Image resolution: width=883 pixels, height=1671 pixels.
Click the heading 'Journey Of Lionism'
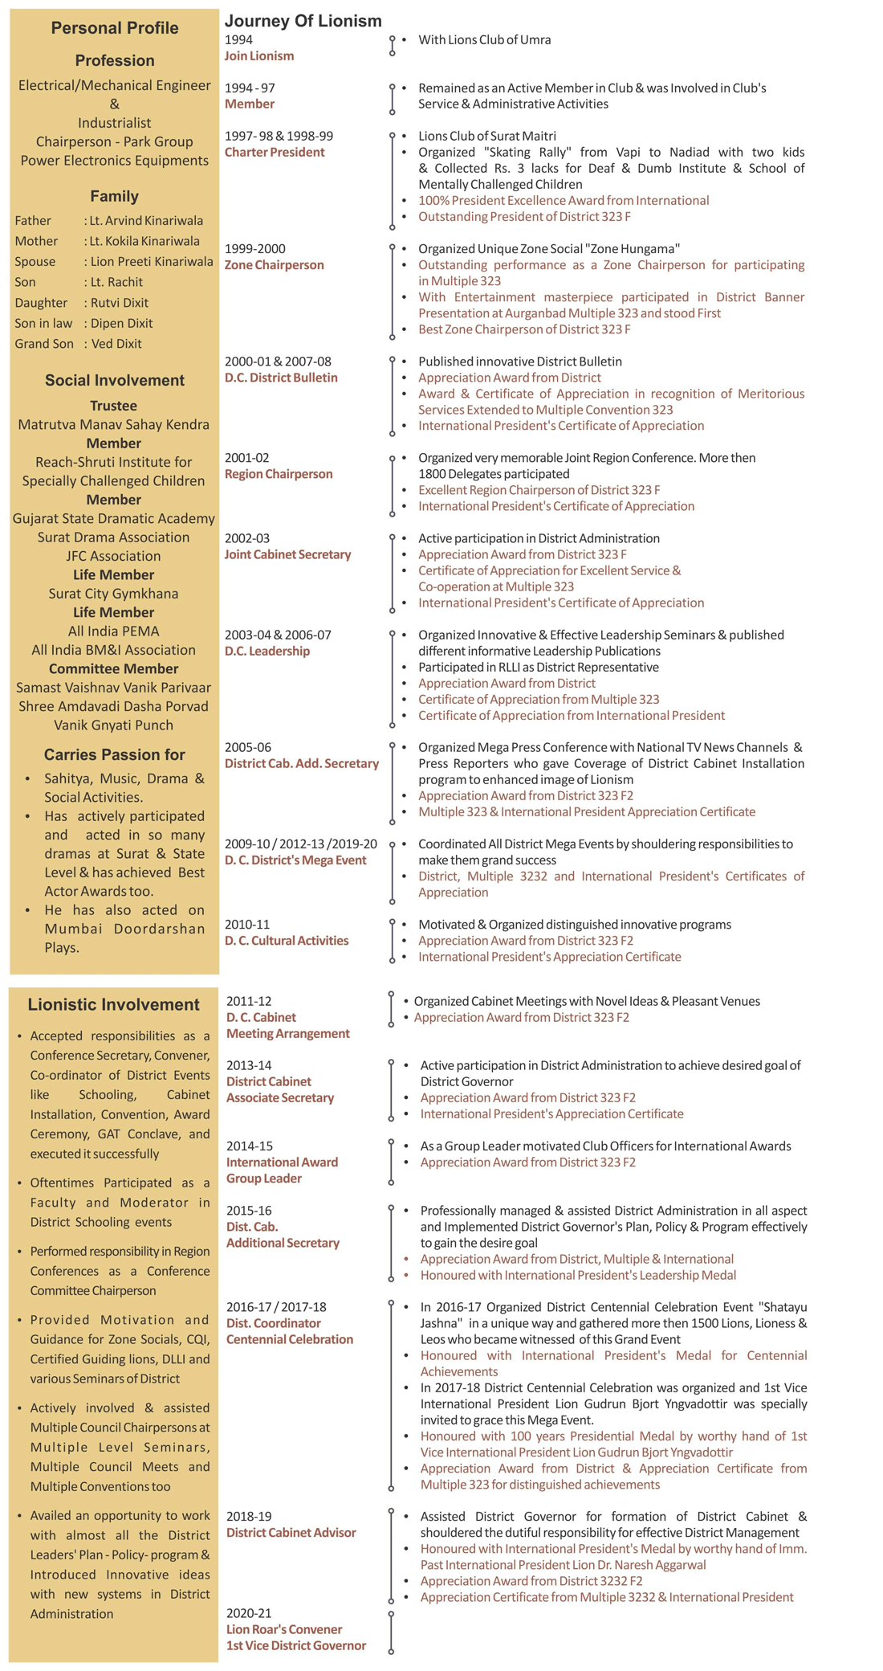click(303, 21)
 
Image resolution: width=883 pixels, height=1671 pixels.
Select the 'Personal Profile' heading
click(115, 28)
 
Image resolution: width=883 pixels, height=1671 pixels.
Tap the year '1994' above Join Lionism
click(238, 39)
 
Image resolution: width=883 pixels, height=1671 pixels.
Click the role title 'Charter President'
click(275, 153)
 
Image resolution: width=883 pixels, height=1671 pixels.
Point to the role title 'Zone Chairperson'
click(274, 265)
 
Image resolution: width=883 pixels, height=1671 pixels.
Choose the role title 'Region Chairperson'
click(278, 474)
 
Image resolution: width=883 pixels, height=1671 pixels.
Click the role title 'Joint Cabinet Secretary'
click(287, 554)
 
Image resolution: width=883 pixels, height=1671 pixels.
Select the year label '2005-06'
click(248, 747)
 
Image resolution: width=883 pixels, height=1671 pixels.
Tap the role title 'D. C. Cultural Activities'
click(286, 941)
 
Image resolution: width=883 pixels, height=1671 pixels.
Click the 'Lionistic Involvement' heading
click(114, 1004)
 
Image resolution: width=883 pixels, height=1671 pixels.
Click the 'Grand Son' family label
click(44, 344)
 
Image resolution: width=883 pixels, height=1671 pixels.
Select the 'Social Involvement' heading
click(114, 381)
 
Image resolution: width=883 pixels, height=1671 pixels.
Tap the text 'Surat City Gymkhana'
click(113, 594)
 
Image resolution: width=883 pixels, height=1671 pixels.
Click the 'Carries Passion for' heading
click(114, 754)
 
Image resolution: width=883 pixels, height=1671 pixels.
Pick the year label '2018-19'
click(250, 1516)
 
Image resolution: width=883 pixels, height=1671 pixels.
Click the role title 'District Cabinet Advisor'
click(291, 1533)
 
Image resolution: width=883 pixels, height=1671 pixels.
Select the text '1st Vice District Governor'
click(295, 1645)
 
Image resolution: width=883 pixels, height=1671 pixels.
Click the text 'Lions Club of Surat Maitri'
click(486, 137)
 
